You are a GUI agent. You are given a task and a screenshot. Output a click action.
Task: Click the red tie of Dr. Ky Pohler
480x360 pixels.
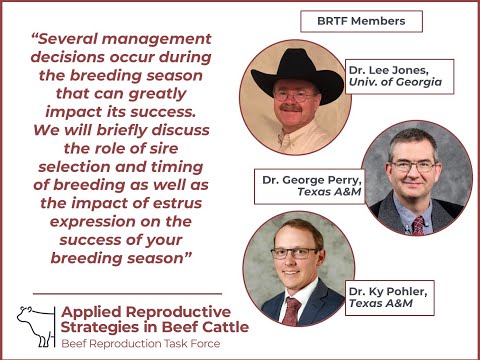291,308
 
